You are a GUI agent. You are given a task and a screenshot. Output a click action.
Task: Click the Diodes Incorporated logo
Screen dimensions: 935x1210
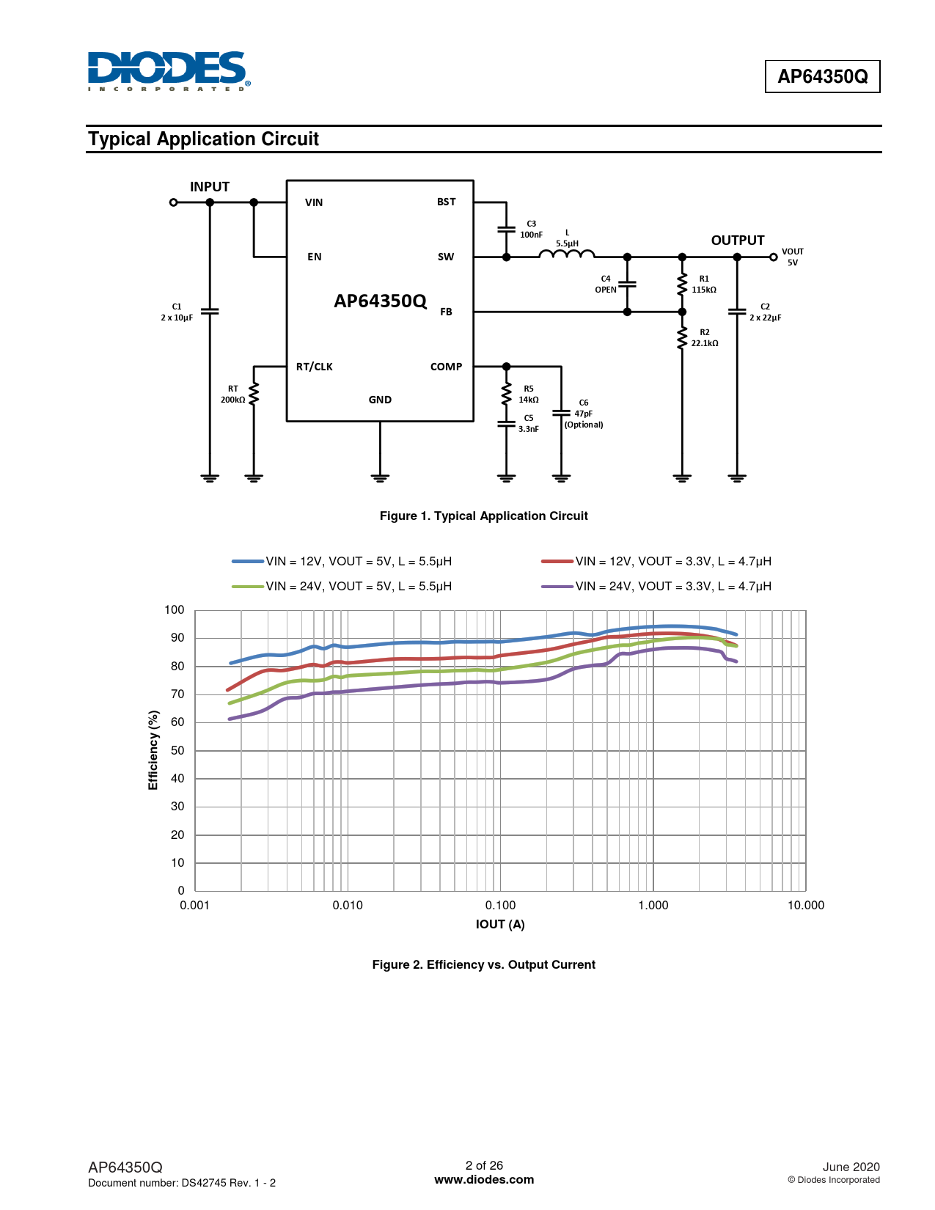[169, 71]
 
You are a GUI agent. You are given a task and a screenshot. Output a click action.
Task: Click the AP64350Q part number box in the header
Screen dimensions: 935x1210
[822, 76]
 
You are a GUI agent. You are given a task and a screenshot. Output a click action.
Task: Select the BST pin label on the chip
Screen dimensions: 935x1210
[446, 202]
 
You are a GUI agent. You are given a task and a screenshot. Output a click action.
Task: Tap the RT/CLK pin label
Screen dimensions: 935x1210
[314, 367]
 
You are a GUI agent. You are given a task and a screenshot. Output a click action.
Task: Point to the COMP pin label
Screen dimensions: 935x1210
[446, 367]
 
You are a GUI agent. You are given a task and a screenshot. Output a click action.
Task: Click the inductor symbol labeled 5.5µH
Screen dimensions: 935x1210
[566, 254]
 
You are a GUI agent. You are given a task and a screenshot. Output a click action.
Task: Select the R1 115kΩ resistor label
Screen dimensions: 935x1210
[704, 284]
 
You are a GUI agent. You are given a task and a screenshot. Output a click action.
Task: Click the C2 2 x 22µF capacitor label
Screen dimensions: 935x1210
[765, 312]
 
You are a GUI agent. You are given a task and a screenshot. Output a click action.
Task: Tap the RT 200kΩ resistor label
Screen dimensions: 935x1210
[232, 394]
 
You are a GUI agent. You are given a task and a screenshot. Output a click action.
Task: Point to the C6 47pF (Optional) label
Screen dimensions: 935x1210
[583, 413]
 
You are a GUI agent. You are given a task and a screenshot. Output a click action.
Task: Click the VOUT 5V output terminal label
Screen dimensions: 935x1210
[793, 257]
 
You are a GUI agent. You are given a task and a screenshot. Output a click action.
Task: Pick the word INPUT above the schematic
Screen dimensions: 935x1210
[210, 186]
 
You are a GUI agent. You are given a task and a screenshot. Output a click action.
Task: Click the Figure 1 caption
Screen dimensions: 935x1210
[483, 516]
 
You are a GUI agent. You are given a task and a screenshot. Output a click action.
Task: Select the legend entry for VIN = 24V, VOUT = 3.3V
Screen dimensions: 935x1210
[656, 586]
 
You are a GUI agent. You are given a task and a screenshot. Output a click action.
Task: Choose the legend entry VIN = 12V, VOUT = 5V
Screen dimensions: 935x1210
[342, 561]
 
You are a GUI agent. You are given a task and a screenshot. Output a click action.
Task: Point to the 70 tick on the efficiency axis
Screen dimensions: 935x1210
[177, 694]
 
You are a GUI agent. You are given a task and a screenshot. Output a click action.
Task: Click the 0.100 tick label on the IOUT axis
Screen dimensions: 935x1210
[500, 905]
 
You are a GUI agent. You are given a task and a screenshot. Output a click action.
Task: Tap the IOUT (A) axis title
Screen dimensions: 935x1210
[500, 924]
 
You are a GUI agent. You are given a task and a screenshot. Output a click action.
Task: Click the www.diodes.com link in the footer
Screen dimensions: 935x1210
[484, 1179]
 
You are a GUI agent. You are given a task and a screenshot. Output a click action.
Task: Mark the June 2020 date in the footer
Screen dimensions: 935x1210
[851, 1167]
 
